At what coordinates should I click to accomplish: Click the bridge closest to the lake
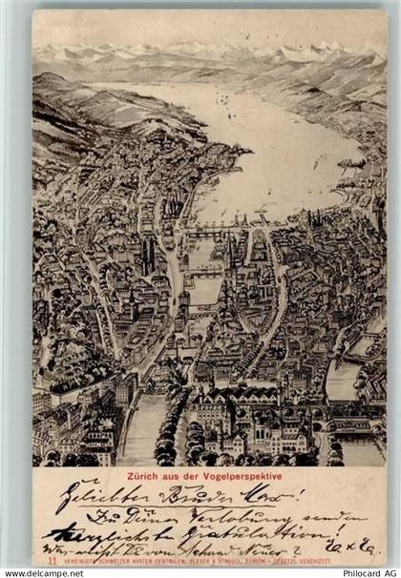pyautogui.click(x=218, y=230)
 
